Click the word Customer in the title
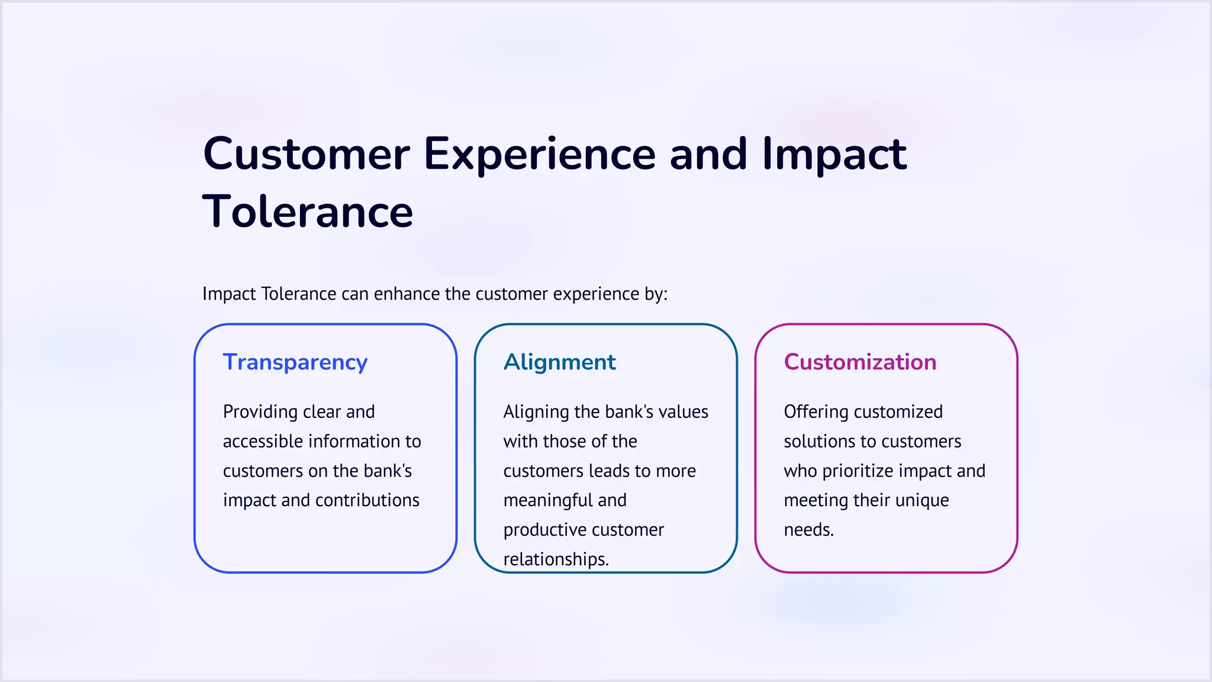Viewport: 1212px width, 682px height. [x=306, y=154]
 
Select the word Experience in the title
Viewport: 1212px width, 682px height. [x=539, y=154]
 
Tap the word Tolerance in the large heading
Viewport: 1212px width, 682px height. [x=308, y=212]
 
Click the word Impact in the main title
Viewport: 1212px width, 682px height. [x=834, y=154]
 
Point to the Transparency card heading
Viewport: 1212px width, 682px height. [x=295, y=362]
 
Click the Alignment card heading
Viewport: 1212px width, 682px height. [x=559, y=362]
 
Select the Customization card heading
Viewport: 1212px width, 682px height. [x=860, y=362]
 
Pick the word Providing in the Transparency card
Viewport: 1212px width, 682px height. [x=260, y=411]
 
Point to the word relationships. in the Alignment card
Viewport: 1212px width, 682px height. [x=556, y=559]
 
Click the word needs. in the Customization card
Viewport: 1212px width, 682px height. [x=808, y=530]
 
